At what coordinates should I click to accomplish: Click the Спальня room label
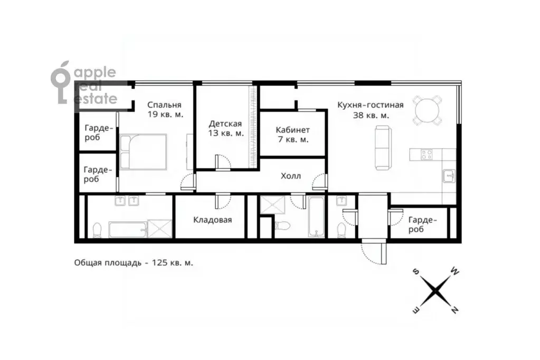click(x=164, y=105)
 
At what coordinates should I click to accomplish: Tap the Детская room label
click(x=225, y=124)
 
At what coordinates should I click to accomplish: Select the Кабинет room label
click(x=293, y=130)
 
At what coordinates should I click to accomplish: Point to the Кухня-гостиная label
click(x=370, y=105)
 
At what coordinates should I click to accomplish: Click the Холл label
click(x=291, y=176)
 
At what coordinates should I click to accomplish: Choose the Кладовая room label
click(x=213, y=220)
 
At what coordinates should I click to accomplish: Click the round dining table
click(x=428, y=110)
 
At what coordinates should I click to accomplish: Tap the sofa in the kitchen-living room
click(x=383, y=147)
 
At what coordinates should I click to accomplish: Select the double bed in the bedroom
click(x=143, y=152)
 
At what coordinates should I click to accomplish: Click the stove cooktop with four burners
click(x=427, y=154)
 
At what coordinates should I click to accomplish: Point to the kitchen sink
click(x=449, y=176)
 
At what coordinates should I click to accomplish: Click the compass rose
click(x=435, y=291)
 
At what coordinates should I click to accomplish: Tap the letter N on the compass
click(x=454, y=310)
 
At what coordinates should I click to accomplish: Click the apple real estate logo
click(x=84, y=83)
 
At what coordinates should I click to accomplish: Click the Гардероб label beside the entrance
click(x=422, y=225)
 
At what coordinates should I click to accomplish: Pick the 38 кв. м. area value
click(x=371, y=115)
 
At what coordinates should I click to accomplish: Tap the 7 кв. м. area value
click(x=292, y=139)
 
